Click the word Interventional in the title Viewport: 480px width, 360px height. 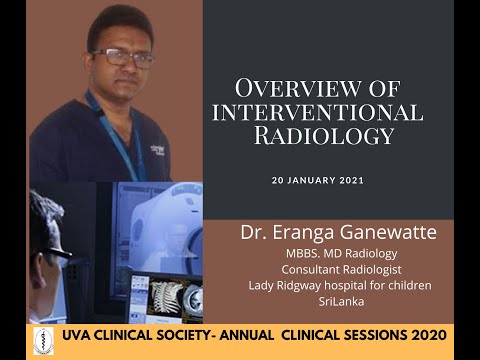317,111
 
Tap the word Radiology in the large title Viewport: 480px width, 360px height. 319,134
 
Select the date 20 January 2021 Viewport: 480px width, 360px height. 318,181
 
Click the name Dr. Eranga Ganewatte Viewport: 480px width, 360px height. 339,233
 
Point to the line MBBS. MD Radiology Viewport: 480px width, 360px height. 339,254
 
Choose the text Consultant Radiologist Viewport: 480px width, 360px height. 339,270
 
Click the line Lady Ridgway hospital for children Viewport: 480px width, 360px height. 340,286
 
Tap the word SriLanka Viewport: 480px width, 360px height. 339,302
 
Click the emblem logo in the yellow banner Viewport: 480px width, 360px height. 42,340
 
